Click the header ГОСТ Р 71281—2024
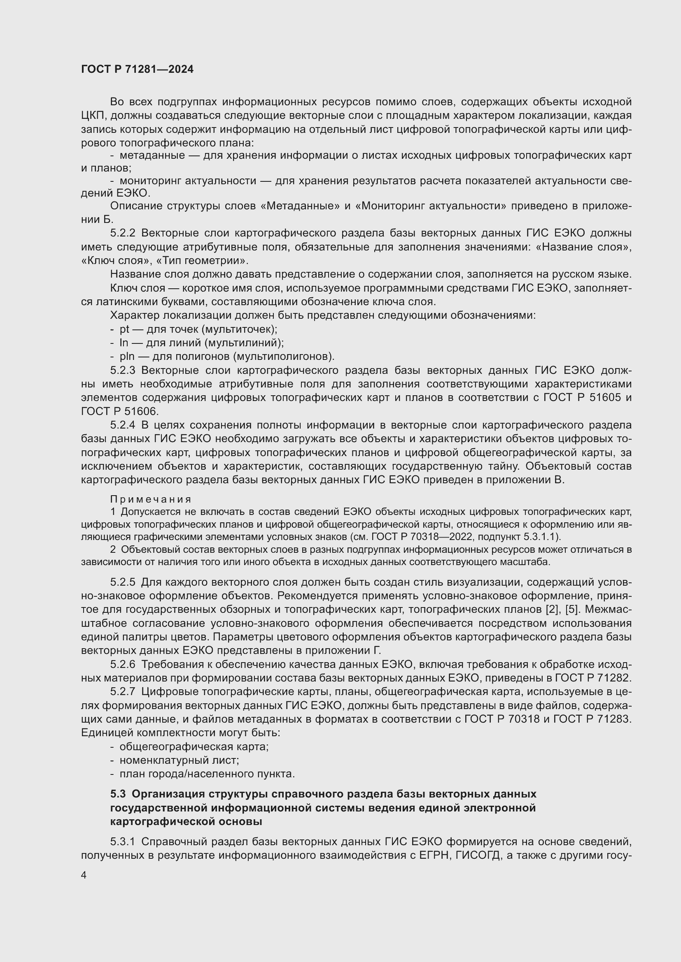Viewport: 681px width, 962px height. pyautogui.click(x=137, y=70)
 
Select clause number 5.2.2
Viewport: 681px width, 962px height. pyautogui.click(x=123, y=233)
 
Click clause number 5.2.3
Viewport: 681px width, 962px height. pyautogui.click(x=123, y=371)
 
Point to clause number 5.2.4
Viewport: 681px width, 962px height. pyautogui.click(x=123, y=425)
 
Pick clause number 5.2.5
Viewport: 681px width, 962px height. pyautogui.click(x=123, y=582)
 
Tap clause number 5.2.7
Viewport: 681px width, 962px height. pyautogui.click(x=123, y=692)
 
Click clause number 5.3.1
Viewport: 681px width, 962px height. pyautogui.click(x=123, y=842)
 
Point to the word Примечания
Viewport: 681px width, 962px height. pyautogui.click(x=151, y=499)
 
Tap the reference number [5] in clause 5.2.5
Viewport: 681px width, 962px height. pyautogui.click(x=571, y=610)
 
